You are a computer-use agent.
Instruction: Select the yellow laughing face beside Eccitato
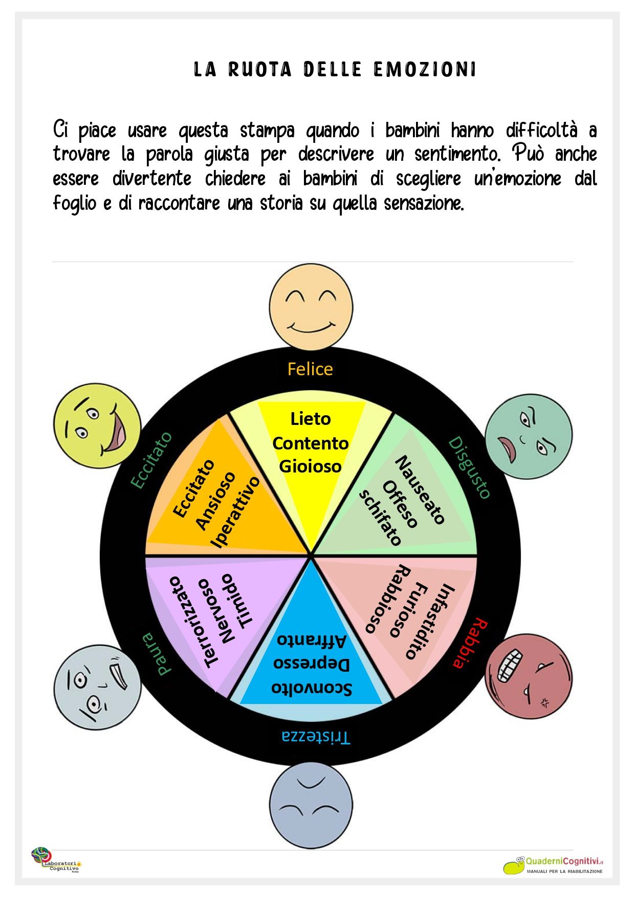coord(97,426)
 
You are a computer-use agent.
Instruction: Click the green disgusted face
coord(529,436)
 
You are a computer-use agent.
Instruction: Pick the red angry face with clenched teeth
coord(529,676)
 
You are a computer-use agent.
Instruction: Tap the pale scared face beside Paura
coord(97,686)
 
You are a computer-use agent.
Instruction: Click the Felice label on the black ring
coord(310,369)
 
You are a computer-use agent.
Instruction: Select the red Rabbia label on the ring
coord(470,643)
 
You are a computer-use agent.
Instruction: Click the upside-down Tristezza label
coord(316,737)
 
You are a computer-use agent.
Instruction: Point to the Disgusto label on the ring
coord(470,467)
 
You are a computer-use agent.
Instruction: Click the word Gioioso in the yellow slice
coord(310,466)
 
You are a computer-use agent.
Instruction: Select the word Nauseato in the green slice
coord(420,490)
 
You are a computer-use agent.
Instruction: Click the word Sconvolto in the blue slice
coord(312,688)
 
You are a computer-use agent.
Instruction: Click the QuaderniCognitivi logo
coord(554,864)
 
